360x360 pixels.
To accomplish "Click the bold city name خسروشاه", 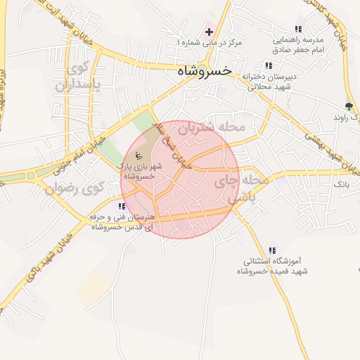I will tap(203, 70).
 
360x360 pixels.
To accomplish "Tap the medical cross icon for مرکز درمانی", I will tap(209, 32).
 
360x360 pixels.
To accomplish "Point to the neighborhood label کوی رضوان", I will tap(74, 188).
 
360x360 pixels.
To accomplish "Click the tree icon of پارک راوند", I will tap(349, 106).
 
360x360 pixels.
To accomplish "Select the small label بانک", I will tap(341, 184).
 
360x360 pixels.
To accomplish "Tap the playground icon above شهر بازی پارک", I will tap(139, 155).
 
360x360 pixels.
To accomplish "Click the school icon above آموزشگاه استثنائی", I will tap(273, 250).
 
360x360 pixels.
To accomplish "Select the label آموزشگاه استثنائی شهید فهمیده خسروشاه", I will tap(273, 266).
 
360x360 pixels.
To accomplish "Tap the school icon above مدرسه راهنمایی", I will tap(298, 29).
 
